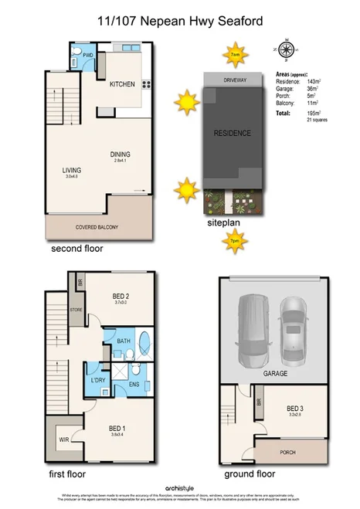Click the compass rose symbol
[x=287, y=52]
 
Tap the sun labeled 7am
[x=233, y=55]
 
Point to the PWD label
[x=88, y=56]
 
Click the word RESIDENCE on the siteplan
[x=233, y=133]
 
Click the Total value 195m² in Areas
[x=314, y=113]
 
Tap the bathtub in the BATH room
[x=145, y=342]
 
